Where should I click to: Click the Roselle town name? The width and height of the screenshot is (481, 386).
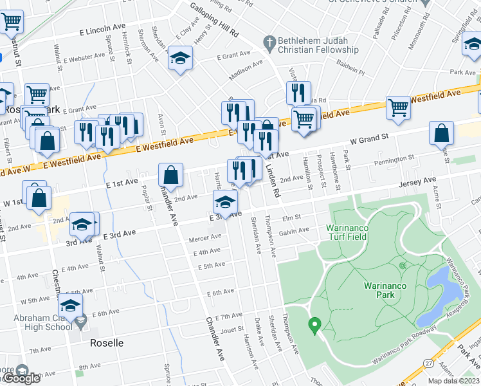tap(107, 343)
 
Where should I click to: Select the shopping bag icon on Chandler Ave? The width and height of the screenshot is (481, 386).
tap(171, 174)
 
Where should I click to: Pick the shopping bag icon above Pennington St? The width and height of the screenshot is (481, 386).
tap(442, 134)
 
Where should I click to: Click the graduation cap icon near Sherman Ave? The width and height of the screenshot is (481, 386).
tap(181, 59)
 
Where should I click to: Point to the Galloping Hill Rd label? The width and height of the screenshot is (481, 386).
tap(214, 19)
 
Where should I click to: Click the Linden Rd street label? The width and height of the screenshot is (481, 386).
tap(271, 182)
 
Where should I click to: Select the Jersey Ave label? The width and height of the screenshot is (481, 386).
tap(417, 182)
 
